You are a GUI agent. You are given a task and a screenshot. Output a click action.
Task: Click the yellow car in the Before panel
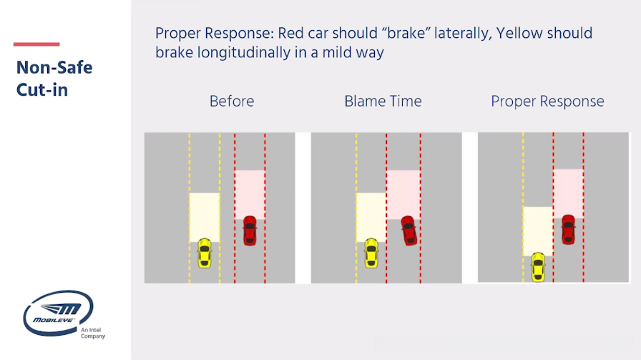click(205, 253)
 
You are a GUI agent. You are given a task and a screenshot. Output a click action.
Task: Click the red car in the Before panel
click(250, 230)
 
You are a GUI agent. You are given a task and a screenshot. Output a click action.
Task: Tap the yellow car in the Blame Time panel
click(371, 253)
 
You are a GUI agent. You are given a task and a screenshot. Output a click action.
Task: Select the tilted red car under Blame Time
click(408, 230)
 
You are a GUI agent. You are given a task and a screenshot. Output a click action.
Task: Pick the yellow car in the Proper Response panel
click(538, 267)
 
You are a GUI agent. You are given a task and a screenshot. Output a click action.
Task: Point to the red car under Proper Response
click(568, 230)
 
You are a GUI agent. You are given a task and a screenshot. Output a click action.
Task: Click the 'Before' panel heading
click(232, 101)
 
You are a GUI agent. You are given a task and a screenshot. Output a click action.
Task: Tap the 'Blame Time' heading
click(383, 101)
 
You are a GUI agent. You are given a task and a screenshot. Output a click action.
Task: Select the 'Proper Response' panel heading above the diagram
click(547, 102)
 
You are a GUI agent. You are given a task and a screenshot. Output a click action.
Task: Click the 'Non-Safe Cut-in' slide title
click(54, 79)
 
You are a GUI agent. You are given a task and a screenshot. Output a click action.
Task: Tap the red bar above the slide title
click(36, 44)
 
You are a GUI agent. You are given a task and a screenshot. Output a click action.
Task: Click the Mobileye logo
click(59, 313)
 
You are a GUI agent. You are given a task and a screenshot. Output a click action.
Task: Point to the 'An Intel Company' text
click(93, 333)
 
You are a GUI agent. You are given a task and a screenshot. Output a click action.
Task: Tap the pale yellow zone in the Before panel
click(205, 218)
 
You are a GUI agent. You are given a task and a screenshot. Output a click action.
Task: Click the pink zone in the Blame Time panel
click(403, 195)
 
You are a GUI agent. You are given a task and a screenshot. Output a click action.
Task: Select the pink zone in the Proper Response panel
click(568, 193)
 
